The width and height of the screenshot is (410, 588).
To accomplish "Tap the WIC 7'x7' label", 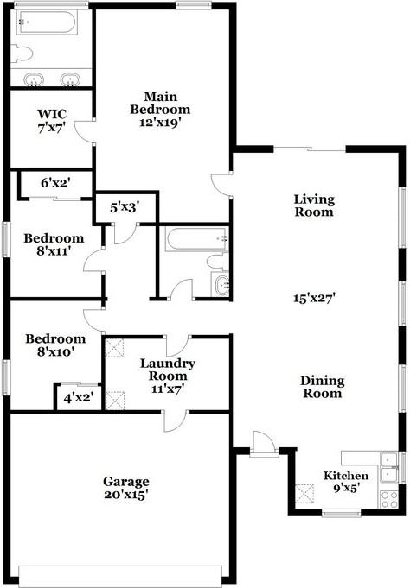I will click(x=50, y=121).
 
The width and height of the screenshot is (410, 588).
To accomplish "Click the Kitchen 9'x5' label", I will click(x=346, y=482).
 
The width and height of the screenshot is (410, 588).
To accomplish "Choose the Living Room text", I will click(x=314, y=205).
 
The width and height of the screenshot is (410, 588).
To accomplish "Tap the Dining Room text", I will click(x=322, y=387).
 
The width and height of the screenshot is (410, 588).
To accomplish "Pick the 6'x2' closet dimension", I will click(x=55, y=182).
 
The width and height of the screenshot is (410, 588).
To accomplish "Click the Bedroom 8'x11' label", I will click(x=54, y=244).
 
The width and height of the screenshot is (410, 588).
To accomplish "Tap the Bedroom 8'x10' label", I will click(x=54, y=345).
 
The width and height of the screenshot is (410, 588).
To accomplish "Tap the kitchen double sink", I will click(x=388, y=459).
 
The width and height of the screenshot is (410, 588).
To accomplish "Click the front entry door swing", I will click(x=261, y=442).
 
